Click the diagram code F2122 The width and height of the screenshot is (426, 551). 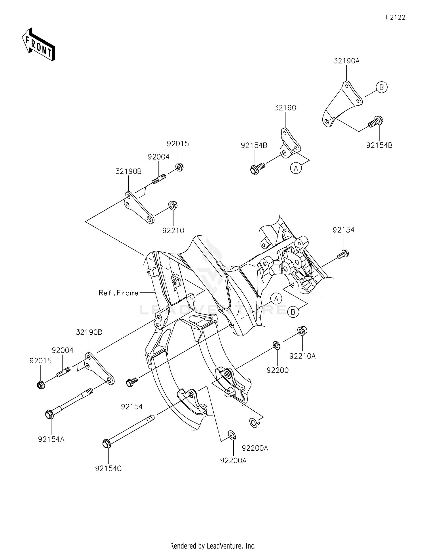[x=395, y=17]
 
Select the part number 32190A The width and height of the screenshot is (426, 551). [x=346, y=61]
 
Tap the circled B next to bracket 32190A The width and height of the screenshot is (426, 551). [x=381, y=87]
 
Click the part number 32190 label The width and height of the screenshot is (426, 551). [x=285, y=108]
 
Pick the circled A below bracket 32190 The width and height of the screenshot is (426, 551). [x=296, y=168]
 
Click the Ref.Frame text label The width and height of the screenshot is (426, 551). [x=118, y=293]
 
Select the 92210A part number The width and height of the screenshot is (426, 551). [x=302, y=356]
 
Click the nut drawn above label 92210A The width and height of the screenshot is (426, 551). [x=302, y=331]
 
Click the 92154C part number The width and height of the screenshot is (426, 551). [x=108, y=469]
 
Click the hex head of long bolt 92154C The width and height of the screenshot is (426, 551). [x=106, y=444]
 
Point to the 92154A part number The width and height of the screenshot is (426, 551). [x=51, y=439]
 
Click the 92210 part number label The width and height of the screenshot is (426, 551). [x=173, y=231]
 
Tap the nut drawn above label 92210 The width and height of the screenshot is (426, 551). [x=173, y=205]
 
